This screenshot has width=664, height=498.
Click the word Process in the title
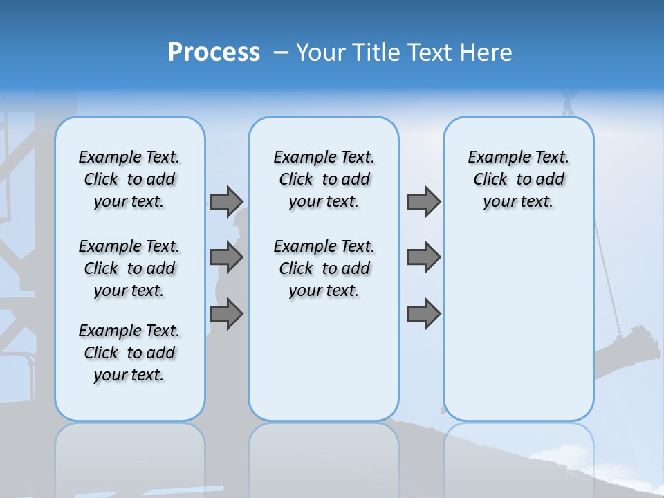pos(214,53)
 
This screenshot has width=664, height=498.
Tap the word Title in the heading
pos(378,53)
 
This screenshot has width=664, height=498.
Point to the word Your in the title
pos(322,53)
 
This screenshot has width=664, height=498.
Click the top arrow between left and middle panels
pos(226,201)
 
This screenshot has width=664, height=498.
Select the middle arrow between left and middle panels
pos(226,257)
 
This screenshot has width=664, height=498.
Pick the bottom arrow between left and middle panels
pos(226,314)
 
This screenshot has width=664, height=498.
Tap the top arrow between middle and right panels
pos(423,201)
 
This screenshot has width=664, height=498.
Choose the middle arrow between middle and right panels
pos(423,257)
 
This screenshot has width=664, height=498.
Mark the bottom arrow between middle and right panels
pos(423,314)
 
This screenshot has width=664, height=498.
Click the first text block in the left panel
pos(129,179)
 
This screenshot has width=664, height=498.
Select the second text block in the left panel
pos(129,268)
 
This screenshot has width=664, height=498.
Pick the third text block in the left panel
pos(129,353)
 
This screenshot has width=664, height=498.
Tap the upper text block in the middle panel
pos(324,179)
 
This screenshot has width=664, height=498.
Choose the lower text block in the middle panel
pos(324,268)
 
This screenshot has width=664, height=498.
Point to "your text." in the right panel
pos(518,202)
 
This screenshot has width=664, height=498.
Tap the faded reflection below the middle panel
pos(324,456)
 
